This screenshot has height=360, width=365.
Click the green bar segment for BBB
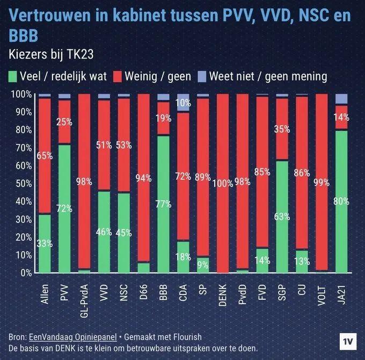[163, 204]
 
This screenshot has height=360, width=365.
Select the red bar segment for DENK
[223, 183]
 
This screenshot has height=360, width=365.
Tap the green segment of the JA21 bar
[341, 201]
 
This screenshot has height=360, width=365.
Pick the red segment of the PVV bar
[64, 122]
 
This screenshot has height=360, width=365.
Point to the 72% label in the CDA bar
[183, 176]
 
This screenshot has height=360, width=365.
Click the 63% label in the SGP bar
[282, 217]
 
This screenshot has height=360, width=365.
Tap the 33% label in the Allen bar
[45, 243]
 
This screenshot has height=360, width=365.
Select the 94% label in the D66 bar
[144, 179]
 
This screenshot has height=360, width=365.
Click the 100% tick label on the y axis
[21, 95]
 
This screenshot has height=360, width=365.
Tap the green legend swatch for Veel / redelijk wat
[13, 76]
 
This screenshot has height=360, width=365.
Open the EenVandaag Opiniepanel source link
[72, 337]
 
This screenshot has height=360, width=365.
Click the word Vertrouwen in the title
[46, 15]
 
